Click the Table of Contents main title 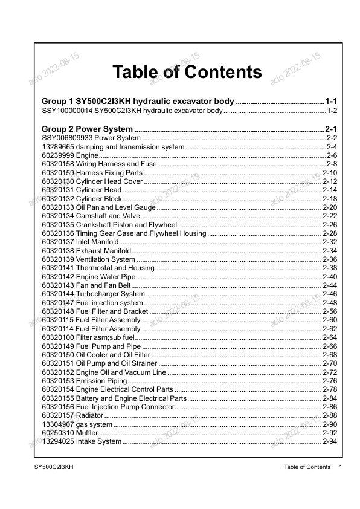point(187,73)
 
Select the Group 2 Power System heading point(87,129)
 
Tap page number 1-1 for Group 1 point(335,100)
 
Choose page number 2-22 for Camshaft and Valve point(330,216)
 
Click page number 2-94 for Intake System point(330,442)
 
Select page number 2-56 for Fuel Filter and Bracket point(330,311)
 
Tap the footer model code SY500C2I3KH point(54,467)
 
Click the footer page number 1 point(341,467)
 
